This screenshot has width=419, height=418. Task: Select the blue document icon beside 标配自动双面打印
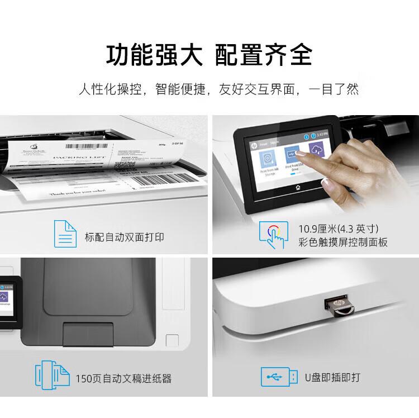[x=64, y=234]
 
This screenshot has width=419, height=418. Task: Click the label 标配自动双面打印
[x=125, y=237]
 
